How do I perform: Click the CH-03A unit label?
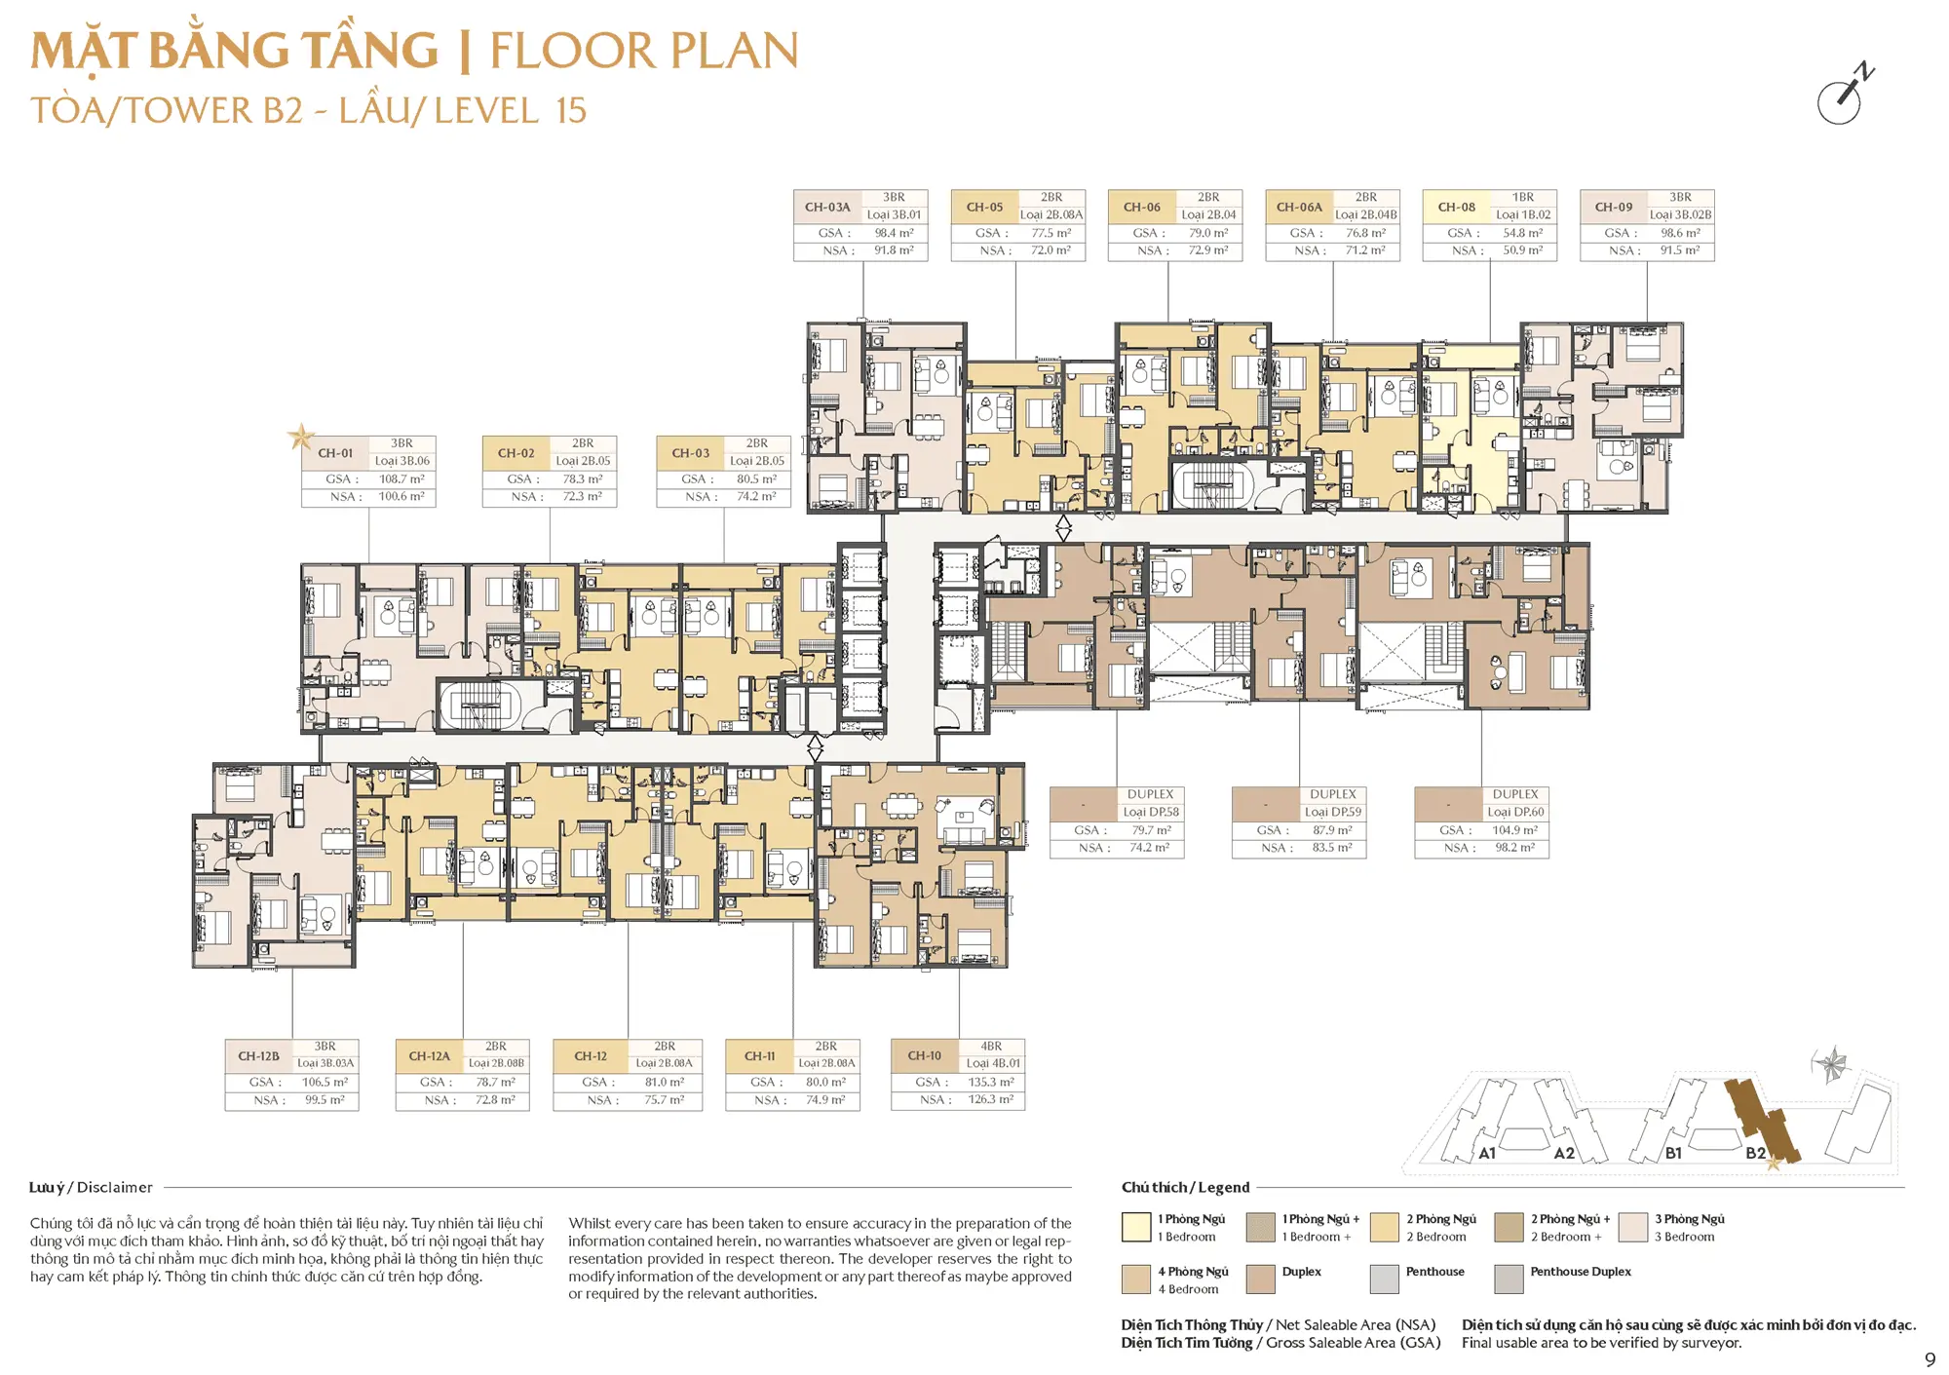pyautogui.click(x=827, y=208)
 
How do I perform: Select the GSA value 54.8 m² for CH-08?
pyautogui.click(x=1522, y=233)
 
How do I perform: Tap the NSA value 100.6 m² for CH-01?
pyautogui.click(x=401, y=497)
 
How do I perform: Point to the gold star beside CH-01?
pyautogui.click(x=301, y=437)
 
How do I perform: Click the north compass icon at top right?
pyautogui.click(x=1844, y=95)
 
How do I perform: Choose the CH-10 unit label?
pyautogui.click(x=925, y=1055)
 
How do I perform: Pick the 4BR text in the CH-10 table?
pyautogui.click(x=991, y=1046)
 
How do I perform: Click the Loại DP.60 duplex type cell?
pyautogui.click(x=1515, y=812)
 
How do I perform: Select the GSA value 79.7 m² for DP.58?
pyautogui.click(x=1150, y=830)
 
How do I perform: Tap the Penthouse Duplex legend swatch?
pyautogui.click(x=1509, y=1279)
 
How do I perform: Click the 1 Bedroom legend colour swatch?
pyautogui.click(x=1136, y=1227)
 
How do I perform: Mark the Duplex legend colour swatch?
pyautogui.click(x=1261, y=1279)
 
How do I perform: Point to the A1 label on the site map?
pyautogui.click(x=1487, y=1153)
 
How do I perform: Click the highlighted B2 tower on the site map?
pyautogui.click(x=1761, y=1121)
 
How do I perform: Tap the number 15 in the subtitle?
pyautogui.click(x=571, y=110)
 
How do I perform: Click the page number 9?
pyautogui.click(x=1930, y=1360)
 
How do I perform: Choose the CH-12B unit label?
pyautogui.click(x=258, y=1056)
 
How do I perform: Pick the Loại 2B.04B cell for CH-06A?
pyautogui.click(x=1366, y=214)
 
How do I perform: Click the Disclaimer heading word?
pyautogui.click(x=115, y=1187)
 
